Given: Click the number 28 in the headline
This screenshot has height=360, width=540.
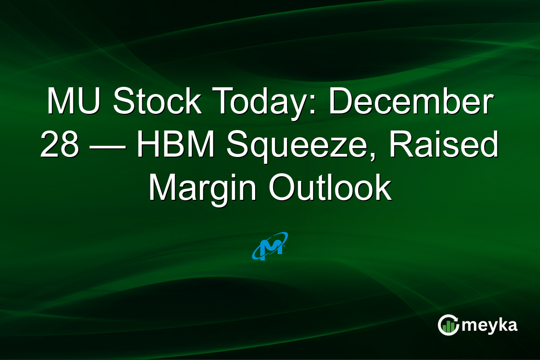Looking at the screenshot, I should pos(57,145).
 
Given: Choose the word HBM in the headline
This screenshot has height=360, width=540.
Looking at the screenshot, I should pos(173,145).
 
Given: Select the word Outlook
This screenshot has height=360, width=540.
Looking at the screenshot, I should pos(330,188).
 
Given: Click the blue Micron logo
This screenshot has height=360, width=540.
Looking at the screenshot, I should pos(270,246).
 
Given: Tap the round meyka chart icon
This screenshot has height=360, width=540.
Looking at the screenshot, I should pos(449,325).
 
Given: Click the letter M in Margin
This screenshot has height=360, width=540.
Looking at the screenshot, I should pos(161,188).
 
